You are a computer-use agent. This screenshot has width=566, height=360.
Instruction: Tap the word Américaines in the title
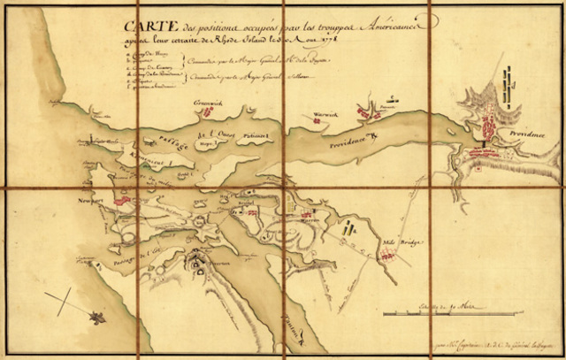pos(386,30)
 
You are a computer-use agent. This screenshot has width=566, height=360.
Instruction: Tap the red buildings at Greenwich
pos(210,113)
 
